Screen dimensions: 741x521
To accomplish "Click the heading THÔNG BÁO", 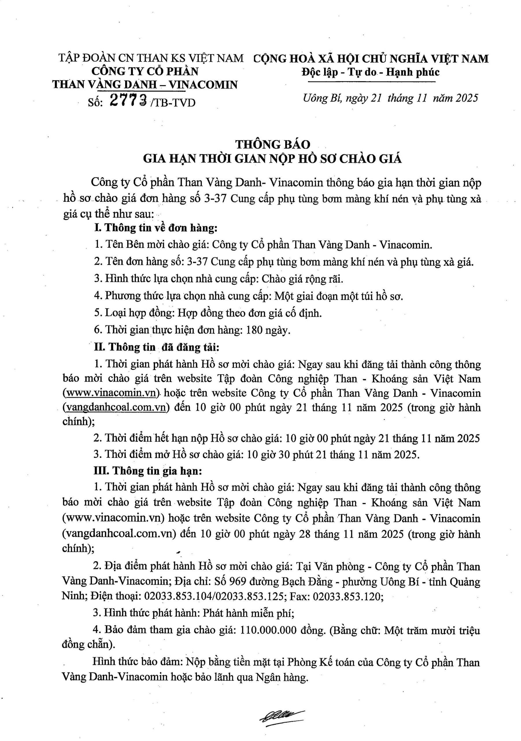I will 273,144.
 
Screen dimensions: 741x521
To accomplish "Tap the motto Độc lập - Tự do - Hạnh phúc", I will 370,72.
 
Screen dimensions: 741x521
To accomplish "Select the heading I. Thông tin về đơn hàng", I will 156,228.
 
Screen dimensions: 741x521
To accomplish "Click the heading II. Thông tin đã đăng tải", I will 156,347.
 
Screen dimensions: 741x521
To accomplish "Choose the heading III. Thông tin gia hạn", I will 148,471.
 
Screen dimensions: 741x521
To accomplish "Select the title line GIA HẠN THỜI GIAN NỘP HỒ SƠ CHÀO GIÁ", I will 272,159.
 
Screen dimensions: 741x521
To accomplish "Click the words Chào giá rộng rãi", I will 302,279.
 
